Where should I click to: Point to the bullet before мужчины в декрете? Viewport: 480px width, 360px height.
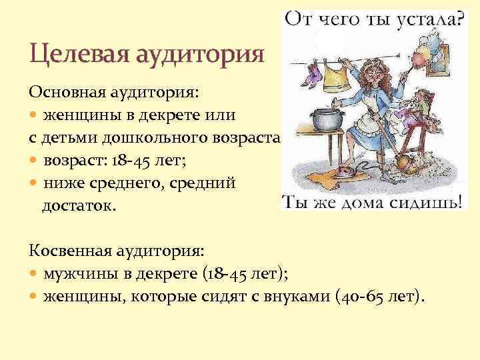click(x=35, y=273)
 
